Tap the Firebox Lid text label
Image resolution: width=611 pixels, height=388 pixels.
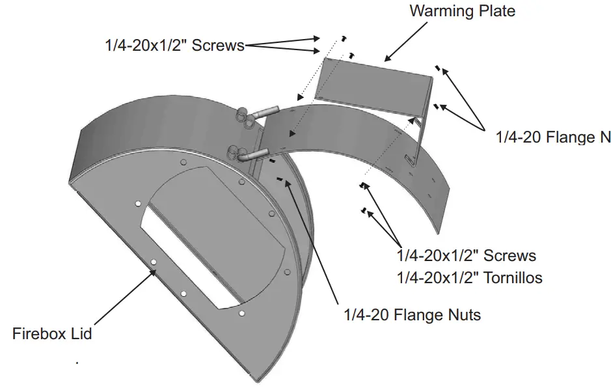[x=52, y=334]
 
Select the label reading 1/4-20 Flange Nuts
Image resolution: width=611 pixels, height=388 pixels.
[x=412, y=315]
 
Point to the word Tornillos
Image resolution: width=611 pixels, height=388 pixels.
[x=512, y=278]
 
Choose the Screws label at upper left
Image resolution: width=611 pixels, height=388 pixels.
[x=174, y=45]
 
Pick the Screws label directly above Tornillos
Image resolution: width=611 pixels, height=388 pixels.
[x=467, y=255]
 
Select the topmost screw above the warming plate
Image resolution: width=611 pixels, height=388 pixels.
[x=344, y=38]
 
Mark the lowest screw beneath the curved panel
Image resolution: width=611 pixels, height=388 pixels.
[x=364, y=210]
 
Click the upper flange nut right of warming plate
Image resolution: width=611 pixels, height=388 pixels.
[x=438, y=66]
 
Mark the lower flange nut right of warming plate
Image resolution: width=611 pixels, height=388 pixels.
[x=437, y=104]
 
